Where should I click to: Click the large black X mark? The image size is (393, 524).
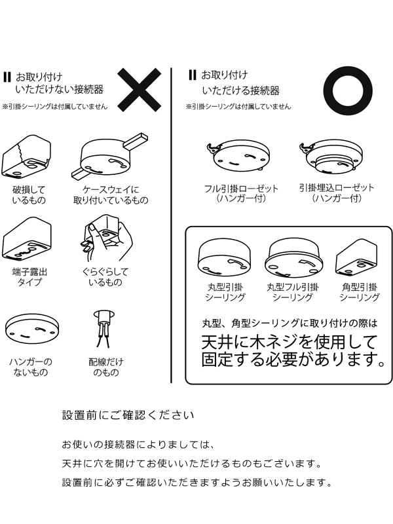point(140,90)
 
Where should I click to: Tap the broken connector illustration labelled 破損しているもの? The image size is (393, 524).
point(27,157)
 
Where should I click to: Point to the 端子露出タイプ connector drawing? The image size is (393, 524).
point(27,240)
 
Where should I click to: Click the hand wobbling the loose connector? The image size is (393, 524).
point(106,237)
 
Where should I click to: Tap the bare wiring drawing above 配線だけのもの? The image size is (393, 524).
point(104,329)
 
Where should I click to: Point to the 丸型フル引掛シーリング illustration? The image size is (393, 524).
point(294,257)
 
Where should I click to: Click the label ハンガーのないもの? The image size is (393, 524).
point(31,367)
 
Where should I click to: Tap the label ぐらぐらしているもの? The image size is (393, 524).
point(105,276)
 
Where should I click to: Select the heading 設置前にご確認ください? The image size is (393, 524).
point(128,415)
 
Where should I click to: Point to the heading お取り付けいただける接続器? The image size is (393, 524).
point(240,83)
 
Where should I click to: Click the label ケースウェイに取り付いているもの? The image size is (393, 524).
point(111,195)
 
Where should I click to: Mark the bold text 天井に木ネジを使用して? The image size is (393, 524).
point(290,342)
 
